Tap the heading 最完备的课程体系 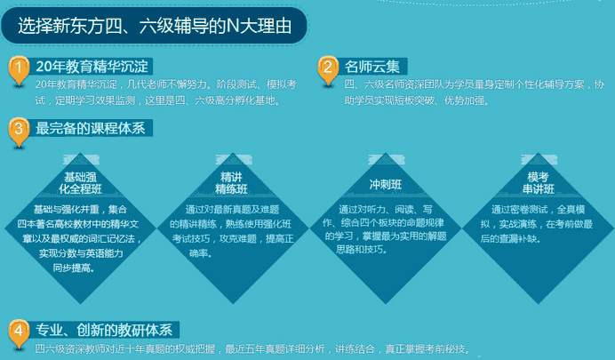[90, 128]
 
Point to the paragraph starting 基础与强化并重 [78, 237]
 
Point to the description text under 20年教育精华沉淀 [160, 92]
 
